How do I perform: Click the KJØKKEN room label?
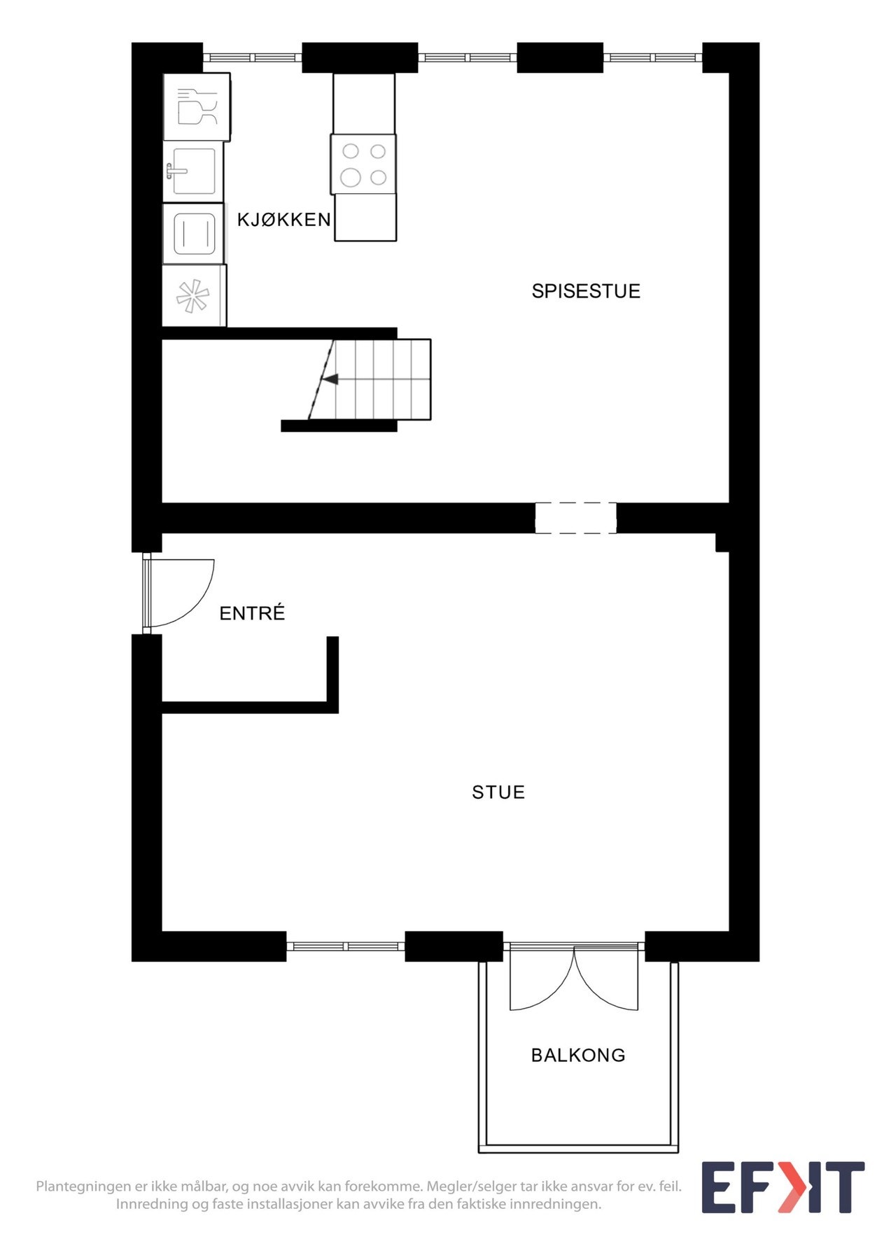283,220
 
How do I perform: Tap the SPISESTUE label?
586,291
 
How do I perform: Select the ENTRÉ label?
252,613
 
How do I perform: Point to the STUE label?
498,792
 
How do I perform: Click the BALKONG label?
578,1055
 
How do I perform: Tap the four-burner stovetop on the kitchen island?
363,164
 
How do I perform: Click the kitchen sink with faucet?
192,171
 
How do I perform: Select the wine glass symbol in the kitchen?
197,107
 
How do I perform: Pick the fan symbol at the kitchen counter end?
192,295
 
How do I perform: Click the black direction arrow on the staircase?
330,379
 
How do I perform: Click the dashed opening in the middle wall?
575,518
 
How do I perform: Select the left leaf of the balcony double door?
541,980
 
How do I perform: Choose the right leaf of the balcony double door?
606,980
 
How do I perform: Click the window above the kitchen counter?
252,57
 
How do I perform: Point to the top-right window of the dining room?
652,57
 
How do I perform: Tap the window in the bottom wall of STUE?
346,946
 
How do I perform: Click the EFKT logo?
783,1187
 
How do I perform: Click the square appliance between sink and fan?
194,234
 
